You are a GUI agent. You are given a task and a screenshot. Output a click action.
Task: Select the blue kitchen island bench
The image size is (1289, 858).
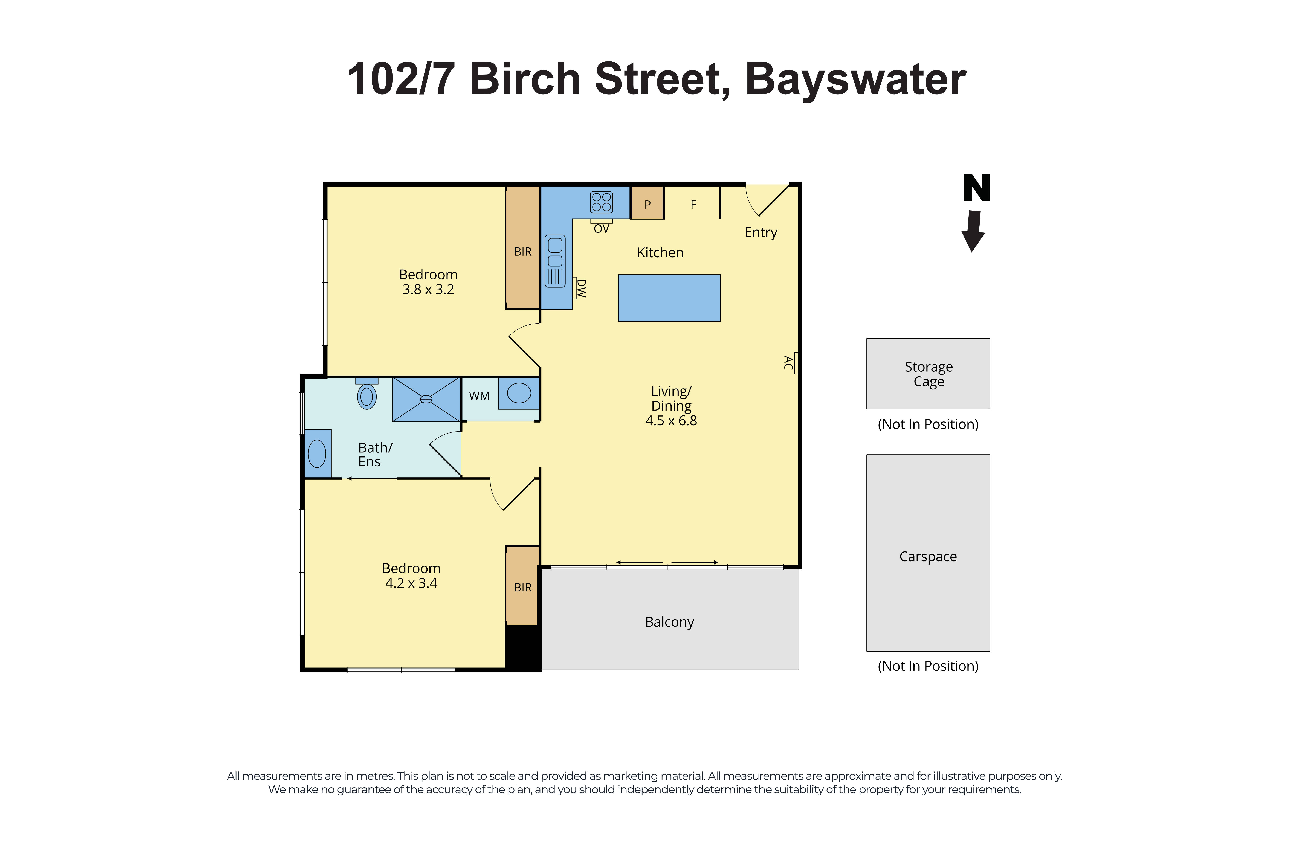pos(669,298)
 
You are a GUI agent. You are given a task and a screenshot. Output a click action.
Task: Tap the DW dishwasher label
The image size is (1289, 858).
pos(581,288)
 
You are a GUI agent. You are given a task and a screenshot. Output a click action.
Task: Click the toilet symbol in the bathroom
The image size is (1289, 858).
pos(367,396)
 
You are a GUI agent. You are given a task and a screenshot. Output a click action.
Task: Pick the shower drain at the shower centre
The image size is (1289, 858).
pos(426,399)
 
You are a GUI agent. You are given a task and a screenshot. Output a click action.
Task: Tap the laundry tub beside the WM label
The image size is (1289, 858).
pos(519,393)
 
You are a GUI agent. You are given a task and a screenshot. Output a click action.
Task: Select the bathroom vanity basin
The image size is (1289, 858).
pos(317,454)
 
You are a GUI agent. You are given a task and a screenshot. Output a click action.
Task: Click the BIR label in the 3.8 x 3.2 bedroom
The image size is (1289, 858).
pos(522,252)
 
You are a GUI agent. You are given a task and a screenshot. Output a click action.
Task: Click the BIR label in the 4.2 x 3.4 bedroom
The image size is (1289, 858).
pos(522,587)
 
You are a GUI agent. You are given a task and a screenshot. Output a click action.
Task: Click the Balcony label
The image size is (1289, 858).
pos(669,622)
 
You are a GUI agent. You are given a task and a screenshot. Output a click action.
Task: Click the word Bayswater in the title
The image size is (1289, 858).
pos(855,79)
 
